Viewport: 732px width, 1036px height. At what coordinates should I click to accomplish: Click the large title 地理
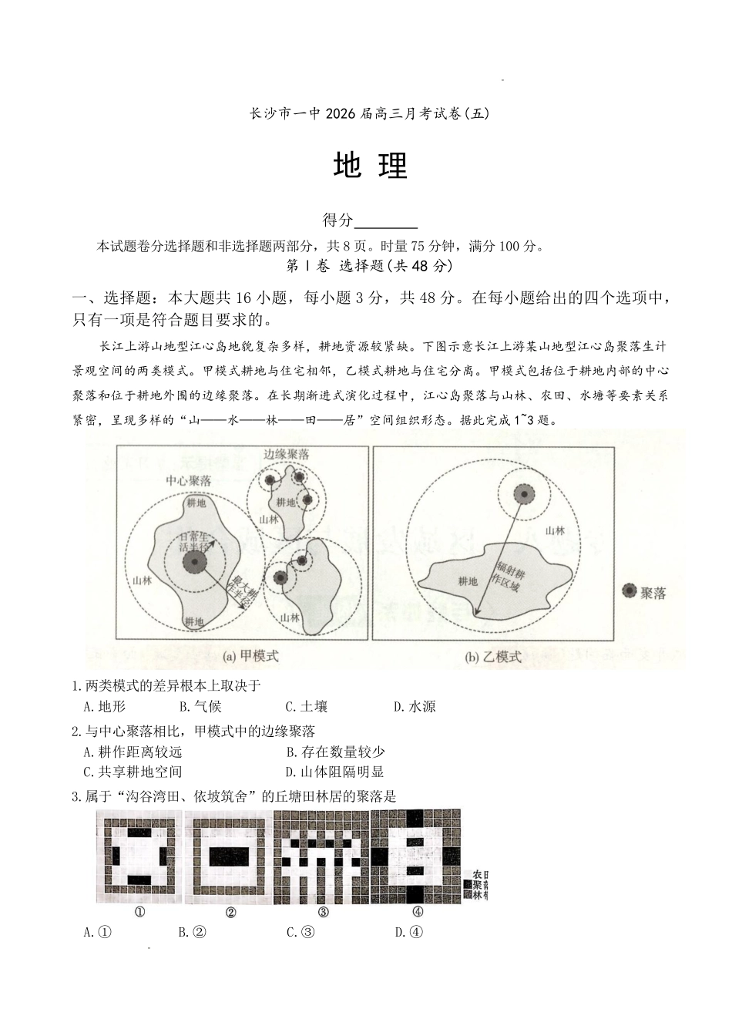tap(370, 165)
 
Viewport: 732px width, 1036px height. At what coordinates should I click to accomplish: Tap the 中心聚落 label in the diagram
tap(189, 480)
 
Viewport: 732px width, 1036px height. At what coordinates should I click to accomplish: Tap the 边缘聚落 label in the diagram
tap(286, 455)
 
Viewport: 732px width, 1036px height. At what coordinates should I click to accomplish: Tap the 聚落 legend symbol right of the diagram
tap(630, 591)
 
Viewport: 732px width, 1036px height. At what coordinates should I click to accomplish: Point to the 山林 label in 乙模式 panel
tap(555, 531)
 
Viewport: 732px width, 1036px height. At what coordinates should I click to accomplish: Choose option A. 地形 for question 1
tap(104, 706)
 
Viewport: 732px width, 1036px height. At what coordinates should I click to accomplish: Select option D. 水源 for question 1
tap(415, 706)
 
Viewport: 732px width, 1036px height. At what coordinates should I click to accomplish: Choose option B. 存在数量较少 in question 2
tap(335, 752)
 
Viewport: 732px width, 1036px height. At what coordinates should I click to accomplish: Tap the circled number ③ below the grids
tap(324, 912)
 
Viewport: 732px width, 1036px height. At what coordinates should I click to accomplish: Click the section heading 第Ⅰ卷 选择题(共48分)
tap(369, 266)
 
